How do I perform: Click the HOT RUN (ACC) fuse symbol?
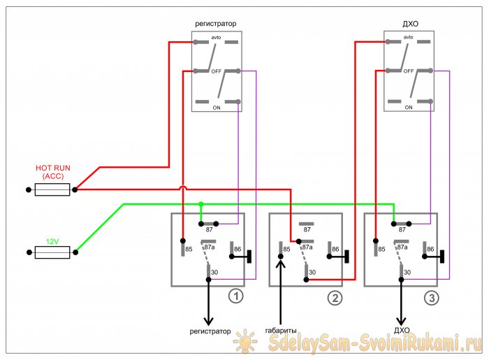(52, 189)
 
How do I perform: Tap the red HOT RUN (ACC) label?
(52, 173)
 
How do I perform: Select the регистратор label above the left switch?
(215, 23)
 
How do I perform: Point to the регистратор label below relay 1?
(210, 330)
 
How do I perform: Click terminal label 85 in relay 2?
(286, 248)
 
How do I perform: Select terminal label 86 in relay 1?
(237, 248)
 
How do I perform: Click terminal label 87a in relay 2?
(307, 247)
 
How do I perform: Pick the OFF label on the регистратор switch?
(216, 71)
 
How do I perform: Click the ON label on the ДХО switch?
(409, 108)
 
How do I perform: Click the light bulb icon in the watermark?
(247, 342)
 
